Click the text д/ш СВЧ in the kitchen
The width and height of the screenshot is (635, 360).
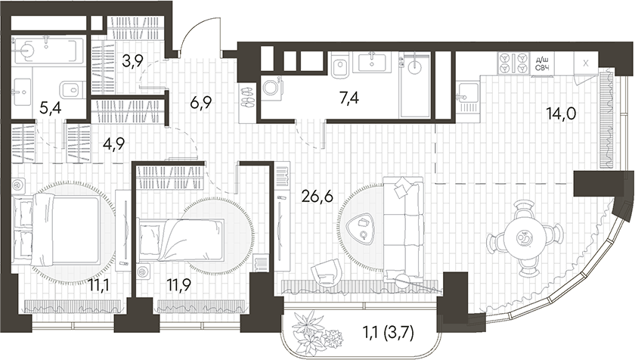(x=542, y=64)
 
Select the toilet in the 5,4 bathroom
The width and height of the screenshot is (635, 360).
(x=70, y=88)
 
